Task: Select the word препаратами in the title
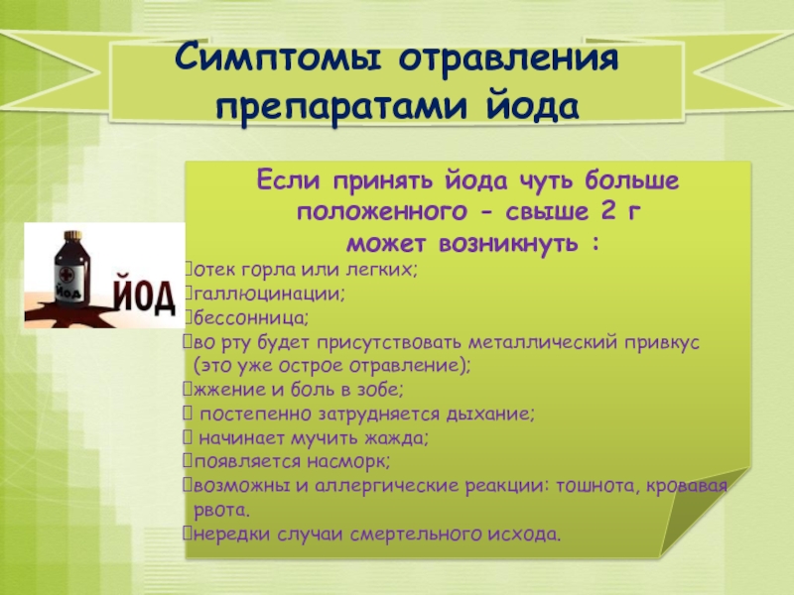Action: tap(341, 106)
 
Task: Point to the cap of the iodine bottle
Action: tap(72, 235)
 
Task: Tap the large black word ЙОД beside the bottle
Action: tap(144, 293)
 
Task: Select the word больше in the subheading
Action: tap(631, 180)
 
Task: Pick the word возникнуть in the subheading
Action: tap(508, 244)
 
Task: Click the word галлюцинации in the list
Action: tap(268, 294)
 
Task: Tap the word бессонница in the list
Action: tap(250, 318)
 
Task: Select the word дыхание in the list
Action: tap(488, 415)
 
